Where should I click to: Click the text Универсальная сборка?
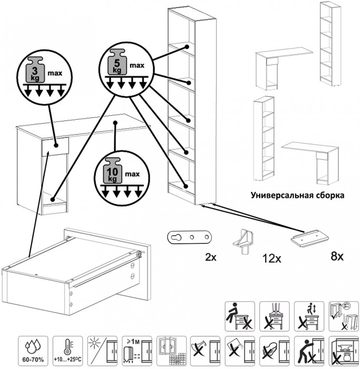(x=298, y=195)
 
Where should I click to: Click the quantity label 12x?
(x=273, y=259)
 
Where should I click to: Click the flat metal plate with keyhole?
(x=190, y=237)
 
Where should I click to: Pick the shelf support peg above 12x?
(x=245, y=240)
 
